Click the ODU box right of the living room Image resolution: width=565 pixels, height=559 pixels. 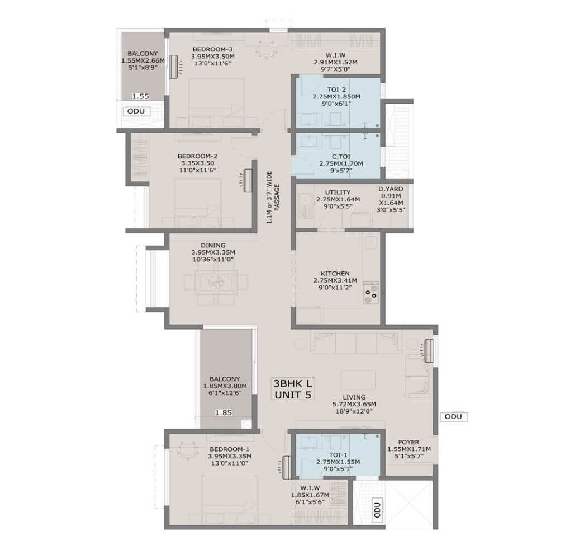pos(453,417)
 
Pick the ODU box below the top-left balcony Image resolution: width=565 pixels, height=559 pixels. pos(136,111)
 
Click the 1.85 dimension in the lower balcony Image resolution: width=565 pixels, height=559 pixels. pos(224,413)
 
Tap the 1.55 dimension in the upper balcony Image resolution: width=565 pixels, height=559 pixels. pos(140,96)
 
